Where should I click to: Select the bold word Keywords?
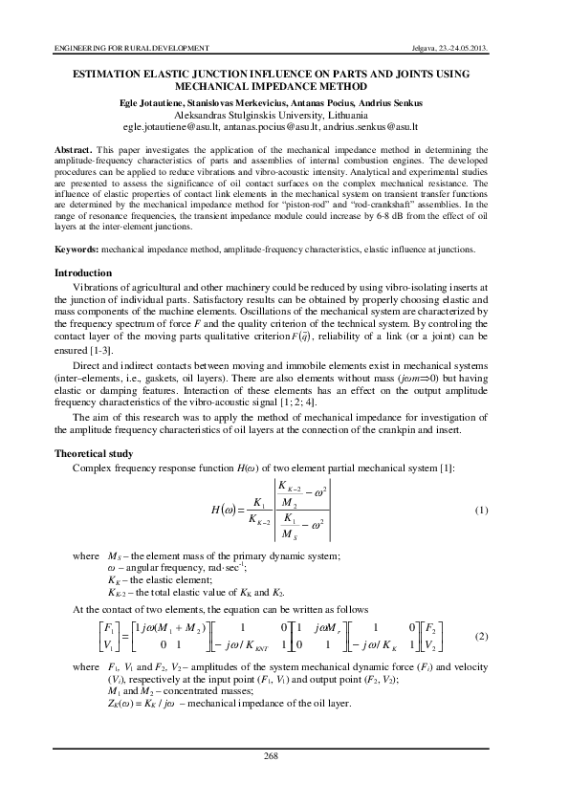(x=77, y=249)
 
